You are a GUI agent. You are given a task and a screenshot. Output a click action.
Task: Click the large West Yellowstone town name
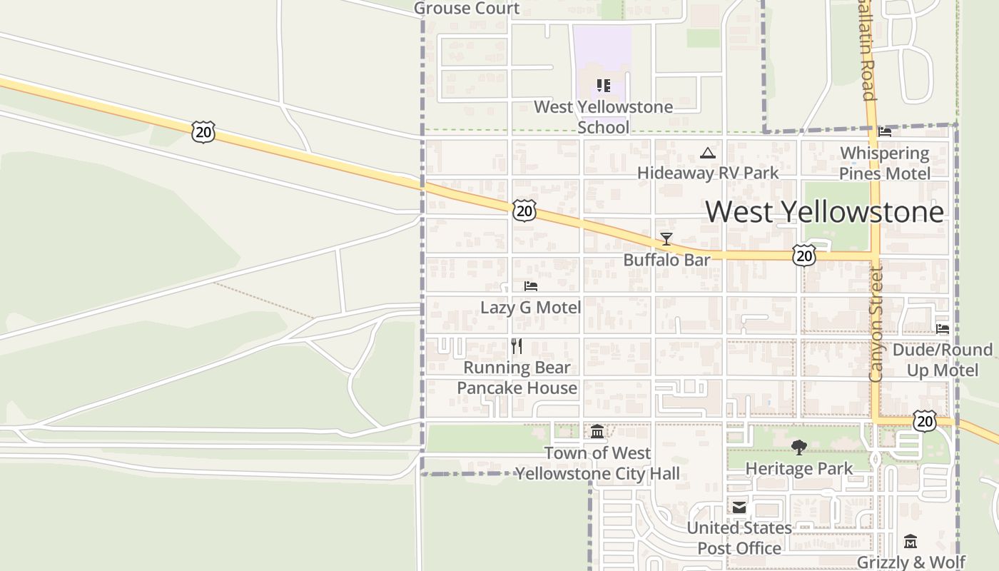tap(824, 212)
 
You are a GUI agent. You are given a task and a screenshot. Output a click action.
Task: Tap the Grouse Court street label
tap(467, 9)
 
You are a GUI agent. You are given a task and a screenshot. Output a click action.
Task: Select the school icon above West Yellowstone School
tap(604, 86)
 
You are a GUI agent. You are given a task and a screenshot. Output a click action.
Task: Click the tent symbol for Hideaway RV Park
tap(707, 153)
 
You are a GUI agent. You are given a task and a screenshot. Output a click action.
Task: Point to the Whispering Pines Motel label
tap(885, 163)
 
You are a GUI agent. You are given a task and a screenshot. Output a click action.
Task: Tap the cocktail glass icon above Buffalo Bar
tap(666, 239)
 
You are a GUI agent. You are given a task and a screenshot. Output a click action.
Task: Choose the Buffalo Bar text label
tap(666, 260)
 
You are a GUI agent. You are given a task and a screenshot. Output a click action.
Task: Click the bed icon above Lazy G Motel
tap(530, 286)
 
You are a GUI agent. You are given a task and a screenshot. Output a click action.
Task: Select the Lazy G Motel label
tap(530, 308)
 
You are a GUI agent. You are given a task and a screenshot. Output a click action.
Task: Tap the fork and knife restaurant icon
tap(517, 346)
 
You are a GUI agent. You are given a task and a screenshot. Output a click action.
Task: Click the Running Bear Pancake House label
tap(517, 378)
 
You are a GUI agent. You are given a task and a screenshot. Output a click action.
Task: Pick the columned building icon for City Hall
tap(597, 431)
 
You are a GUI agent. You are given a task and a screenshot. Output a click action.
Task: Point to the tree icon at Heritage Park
tap(798, 448)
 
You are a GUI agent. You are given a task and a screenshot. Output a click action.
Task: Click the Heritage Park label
tap(798, 469)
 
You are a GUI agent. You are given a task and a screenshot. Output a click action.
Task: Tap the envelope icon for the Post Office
tap(739, 507)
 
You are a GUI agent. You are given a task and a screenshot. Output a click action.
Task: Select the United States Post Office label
tap(739, 538)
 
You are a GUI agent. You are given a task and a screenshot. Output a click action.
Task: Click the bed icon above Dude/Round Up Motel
tap(943, 329)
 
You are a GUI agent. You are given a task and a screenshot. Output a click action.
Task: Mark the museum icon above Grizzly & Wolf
tap(911, 542)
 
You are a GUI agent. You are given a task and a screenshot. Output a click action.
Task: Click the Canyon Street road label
tap(876, 324)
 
